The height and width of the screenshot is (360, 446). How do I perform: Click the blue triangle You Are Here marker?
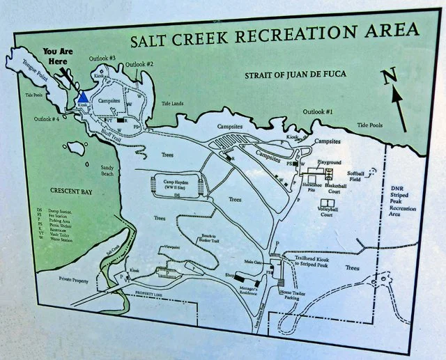tap(82, 97)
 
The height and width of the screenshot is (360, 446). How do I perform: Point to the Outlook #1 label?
tap(318, 111)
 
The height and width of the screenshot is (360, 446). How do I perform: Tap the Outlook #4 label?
tap(48, 118)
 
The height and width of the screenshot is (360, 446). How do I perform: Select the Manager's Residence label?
tap(250, 288)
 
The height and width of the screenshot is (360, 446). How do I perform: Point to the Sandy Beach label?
tap(107, 171)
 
